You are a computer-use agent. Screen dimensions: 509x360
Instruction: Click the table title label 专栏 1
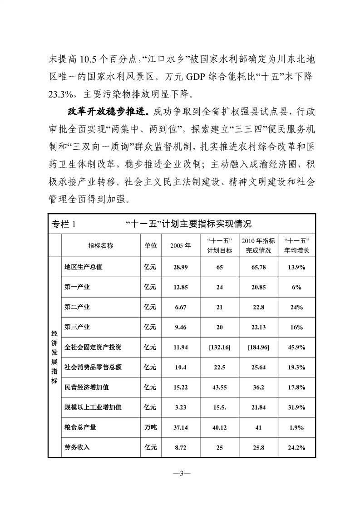(x=65, y=224)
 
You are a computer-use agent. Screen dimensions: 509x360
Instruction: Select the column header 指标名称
(x=100, y=245)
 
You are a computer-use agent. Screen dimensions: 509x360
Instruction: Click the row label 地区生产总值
(x=84, y=267)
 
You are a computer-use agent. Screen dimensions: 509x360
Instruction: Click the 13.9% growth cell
(x=296, y=267)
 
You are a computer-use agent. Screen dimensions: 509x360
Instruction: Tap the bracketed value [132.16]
(x=219, y=347)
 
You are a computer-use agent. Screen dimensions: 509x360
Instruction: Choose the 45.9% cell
(x=296, y=347)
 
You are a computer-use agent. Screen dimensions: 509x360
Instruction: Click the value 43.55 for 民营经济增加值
(x=219, y=387)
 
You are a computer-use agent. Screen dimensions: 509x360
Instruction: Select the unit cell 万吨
(x=150, y=427)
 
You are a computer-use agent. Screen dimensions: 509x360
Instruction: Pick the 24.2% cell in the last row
(x=296, y=447)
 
